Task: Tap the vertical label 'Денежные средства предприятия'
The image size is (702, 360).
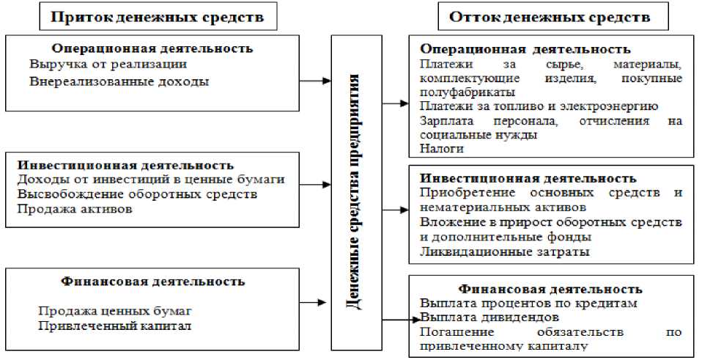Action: [x=354, y=192]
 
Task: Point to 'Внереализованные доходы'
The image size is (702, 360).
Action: [x=119, y=81]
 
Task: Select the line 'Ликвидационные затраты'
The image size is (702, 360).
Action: [x=505, y=252]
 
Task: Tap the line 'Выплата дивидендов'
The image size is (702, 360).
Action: [x=490, y=317]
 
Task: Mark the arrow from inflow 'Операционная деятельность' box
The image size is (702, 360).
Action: [x=314, y=81]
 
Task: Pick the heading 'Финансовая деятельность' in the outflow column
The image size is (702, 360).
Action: [x=550, y=289]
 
